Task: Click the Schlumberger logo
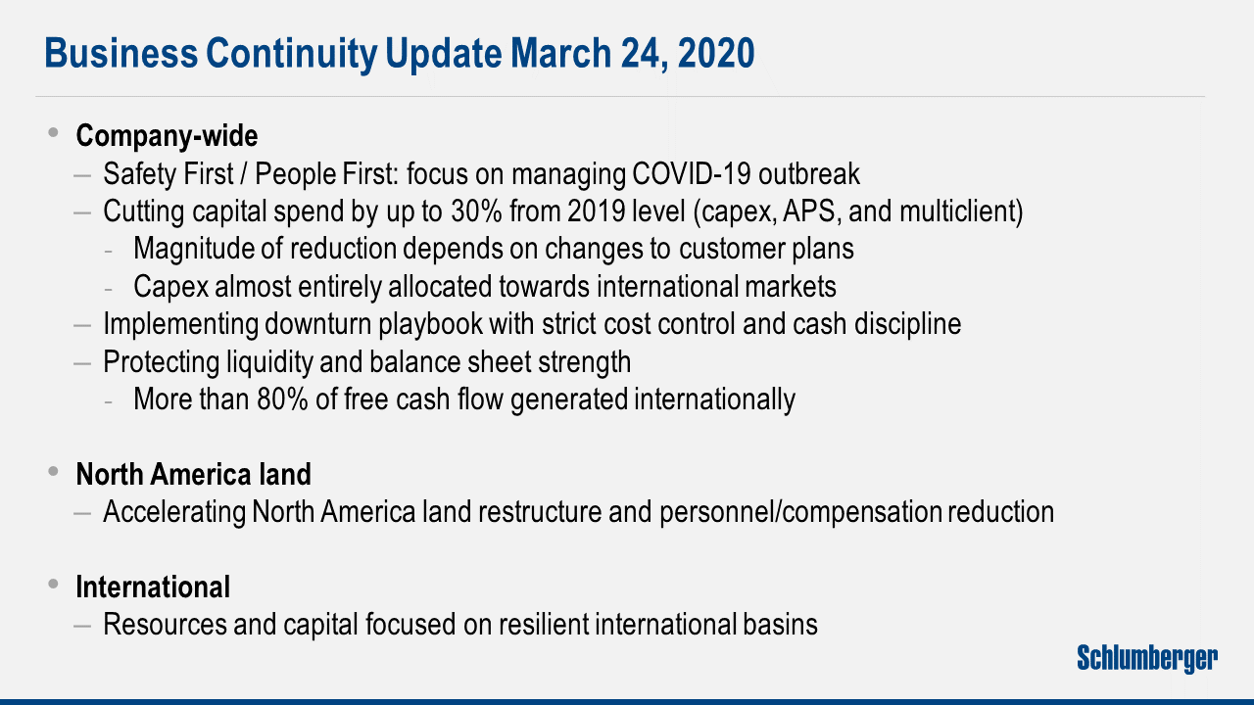(1147, 658)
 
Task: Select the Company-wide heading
(167, 135)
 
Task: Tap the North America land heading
(193, 474)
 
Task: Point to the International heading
(153, 587)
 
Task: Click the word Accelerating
(173, 511)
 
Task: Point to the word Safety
(136, 174)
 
